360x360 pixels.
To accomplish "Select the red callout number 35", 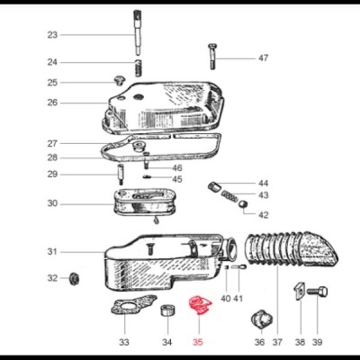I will [199, 342].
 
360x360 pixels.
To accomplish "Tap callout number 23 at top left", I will [52, 35].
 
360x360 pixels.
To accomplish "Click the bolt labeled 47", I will [212, 56].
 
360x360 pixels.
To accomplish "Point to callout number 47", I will [263, 58].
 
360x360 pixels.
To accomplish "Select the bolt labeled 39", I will [320, 294].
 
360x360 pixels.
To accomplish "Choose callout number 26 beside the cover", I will [52, 103].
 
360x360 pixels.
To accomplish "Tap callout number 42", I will [263, 215].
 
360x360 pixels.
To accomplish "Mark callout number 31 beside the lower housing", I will [52, 251].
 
